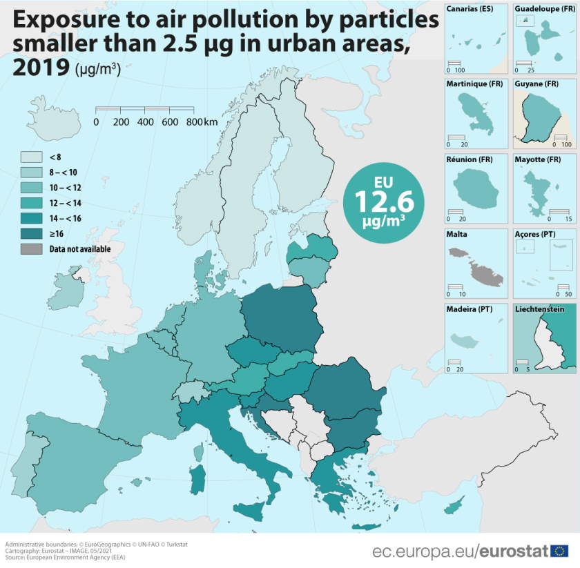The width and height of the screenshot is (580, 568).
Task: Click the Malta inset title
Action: pyautogui.click(x=457, y=234)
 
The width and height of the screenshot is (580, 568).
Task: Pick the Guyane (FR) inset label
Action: pyautogui.click(x=536, y=84)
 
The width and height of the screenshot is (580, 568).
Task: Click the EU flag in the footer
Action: pyautogui.click(x=559, y=551)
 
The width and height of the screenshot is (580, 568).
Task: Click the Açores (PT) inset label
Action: pyautogui.click(x=535, y=234)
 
